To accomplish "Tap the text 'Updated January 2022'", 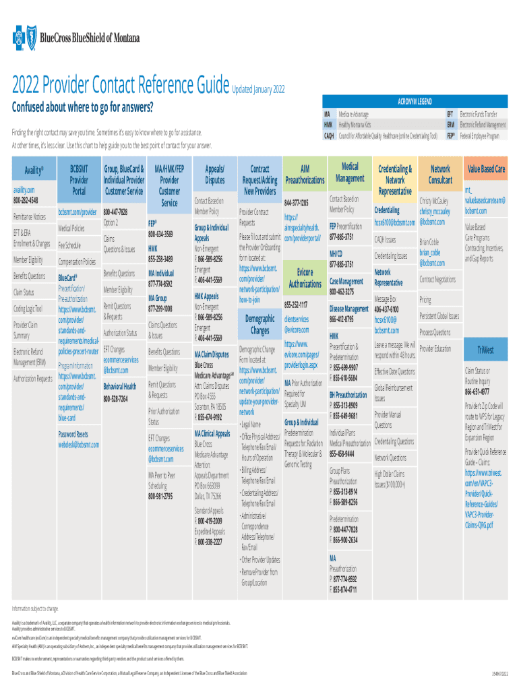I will click(258, 90).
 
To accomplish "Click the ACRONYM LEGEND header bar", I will click(415, 102).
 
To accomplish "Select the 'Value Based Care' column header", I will click(486, 169).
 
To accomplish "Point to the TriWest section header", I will click(485, 350).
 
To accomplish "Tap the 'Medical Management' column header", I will click(350, 172).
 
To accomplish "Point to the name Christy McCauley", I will click(438, 201).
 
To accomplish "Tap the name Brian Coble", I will click(429, 241).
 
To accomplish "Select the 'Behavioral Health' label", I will click(120, 387).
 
